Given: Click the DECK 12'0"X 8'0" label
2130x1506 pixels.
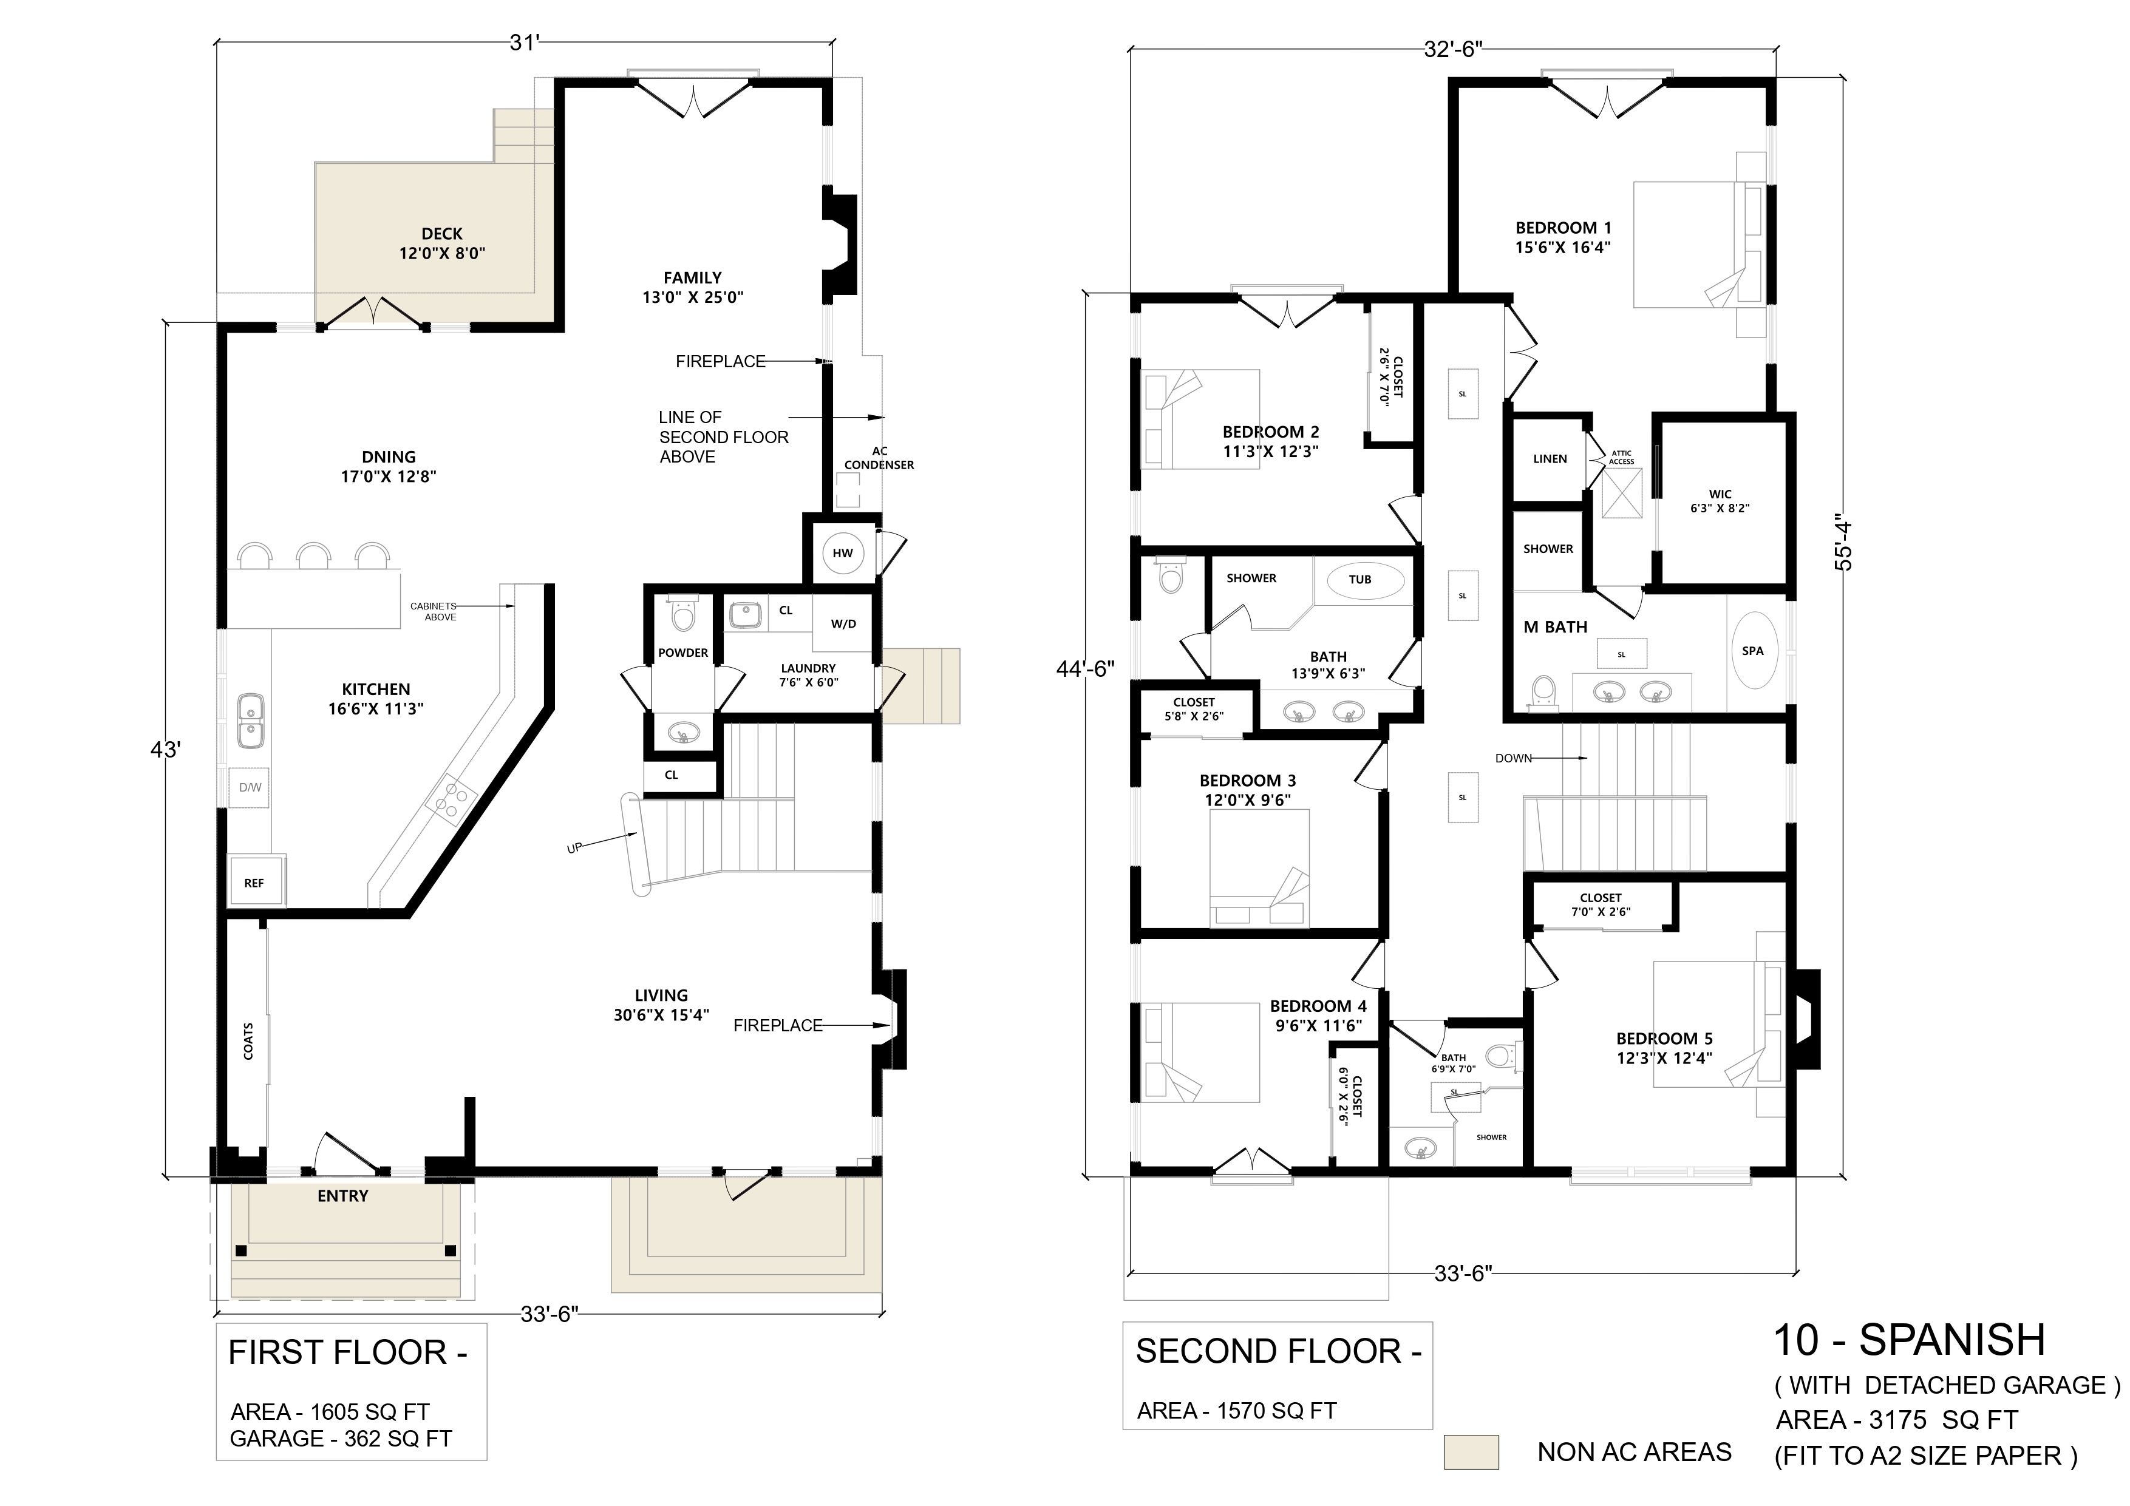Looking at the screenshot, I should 441,243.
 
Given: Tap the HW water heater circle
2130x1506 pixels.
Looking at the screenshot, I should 842,554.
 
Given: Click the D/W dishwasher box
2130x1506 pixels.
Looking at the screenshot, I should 250,787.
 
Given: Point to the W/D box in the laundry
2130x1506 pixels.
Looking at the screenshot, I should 842,623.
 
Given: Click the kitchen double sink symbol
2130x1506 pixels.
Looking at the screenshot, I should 251,721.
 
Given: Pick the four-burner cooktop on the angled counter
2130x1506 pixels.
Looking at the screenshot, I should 451,799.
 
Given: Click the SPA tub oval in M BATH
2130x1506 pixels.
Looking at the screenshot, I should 1752,650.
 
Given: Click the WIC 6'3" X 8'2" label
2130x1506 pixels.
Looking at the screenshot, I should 1720,501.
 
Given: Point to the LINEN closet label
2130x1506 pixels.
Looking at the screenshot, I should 1550,459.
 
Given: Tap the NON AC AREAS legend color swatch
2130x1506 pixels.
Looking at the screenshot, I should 1471,1452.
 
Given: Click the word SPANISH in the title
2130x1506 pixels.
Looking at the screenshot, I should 1952,1340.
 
